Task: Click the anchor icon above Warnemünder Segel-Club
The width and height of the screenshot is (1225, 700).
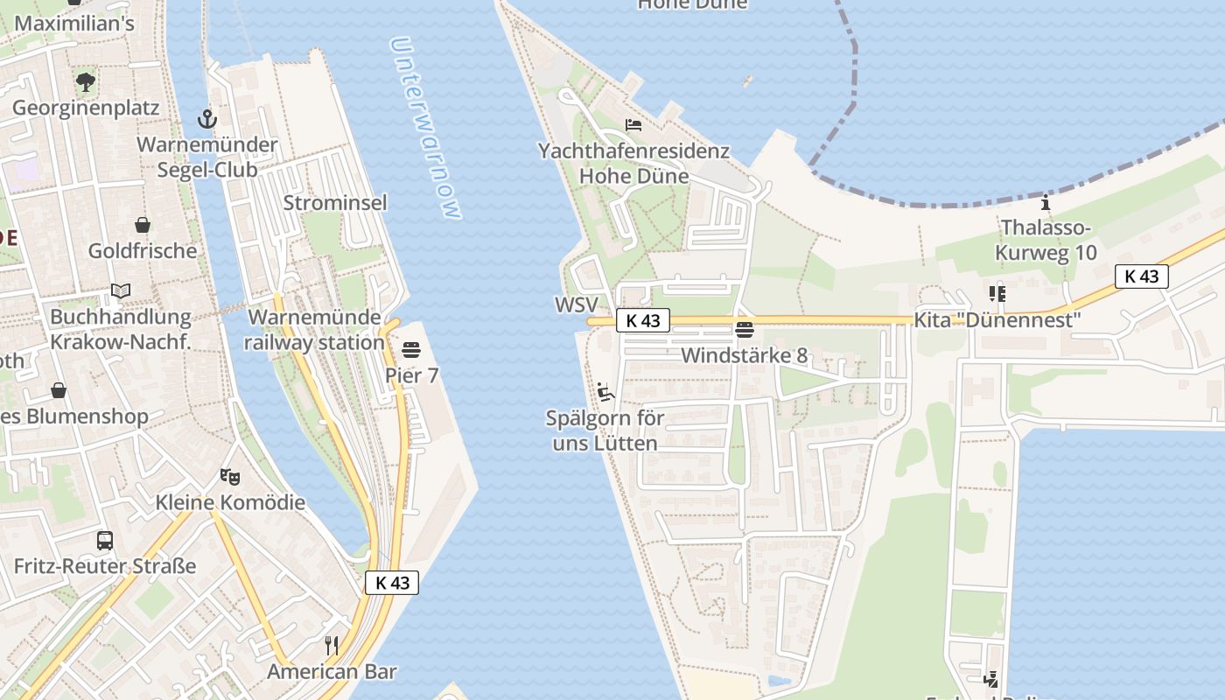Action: tap(207, 118)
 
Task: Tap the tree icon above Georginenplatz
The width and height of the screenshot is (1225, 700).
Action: tap(86, 82)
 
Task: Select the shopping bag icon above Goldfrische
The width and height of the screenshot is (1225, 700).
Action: tap(142, 225)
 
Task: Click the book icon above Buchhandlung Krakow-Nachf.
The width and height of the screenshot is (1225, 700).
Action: tap(121, 290)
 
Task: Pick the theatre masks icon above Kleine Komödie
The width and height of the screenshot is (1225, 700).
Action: tap(230, 477)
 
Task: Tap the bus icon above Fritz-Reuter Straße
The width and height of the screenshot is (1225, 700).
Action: tap(105, 540)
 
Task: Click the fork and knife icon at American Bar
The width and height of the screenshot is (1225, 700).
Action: tap(332, 646)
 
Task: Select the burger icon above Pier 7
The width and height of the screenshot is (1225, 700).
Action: tap(411, 350)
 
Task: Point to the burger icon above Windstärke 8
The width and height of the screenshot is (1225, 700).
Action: tap(745, 330)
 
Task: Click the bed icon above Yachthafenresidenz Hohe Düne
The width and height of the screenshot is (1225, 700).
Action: tap(633, 125)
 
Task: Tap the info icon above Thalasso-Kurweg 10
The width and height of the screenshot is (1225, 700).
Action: tap(1045, 203)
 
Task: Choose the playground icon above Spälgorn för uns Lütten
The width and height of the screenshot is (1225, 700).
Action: tap(605, 391)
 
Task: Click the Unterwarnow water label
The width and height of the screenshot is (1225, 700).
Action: tap(425, 128)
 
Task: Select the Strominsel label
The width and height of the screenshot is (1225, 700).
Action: tap(335, 203)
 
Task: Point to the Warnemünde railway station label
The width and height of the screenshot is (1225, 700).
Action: tap(314, 330)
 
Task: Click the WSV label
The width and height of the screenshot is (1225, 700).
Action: tap(576, 305)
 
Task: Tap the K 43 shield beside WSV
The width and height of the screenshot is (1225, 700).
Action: tap(643, 321)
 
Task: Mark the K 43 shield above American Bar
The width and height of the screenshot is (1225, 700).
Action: tap(392, 583)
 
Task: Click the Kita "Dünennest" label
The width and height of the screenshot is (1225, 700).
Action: tap(997, 320)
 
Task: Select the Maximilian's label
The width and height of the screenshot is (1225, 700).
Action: tap(74, 24)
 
